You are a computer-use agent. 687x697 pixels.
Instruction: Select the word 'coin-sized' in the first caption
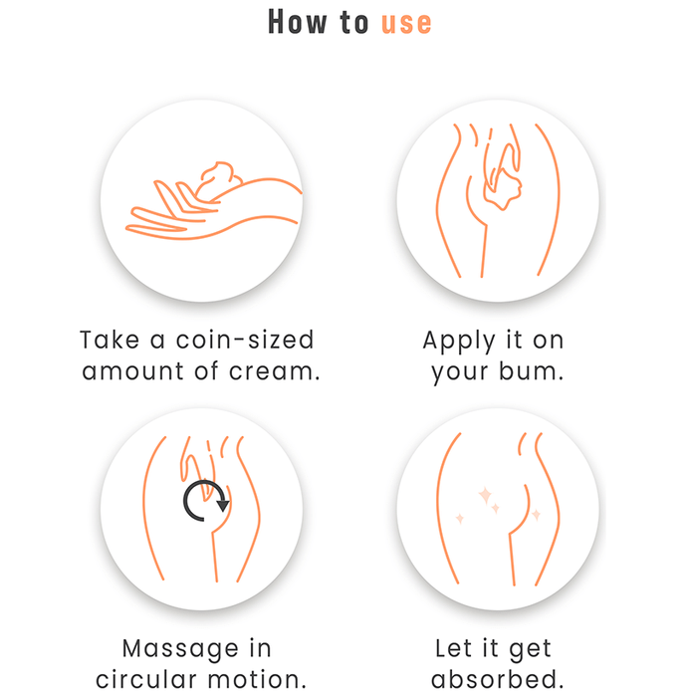pos(245,341)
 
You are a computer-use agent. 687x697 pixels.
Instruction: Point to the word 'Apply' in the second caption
pos(459,342)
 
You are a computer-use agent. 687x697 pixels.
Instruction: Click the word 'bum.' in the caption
pos(531,370)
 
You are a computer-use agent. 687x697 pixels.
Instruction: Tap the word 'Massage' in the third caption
pos(180,650)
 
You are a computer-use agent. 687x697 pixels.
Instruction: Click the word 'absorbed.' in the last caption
pos(498,678)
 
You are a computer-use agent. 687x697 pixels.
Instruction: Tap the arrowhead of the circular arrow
pos(223,506)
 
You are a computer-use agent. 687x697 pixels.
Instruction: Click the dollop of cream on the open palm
pos(219,177)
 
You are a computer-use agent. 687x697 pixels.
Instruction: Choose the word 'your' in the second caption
pos(459,372)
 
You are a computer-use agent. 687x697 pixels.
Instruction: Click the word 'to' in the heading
pos(354,23)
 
